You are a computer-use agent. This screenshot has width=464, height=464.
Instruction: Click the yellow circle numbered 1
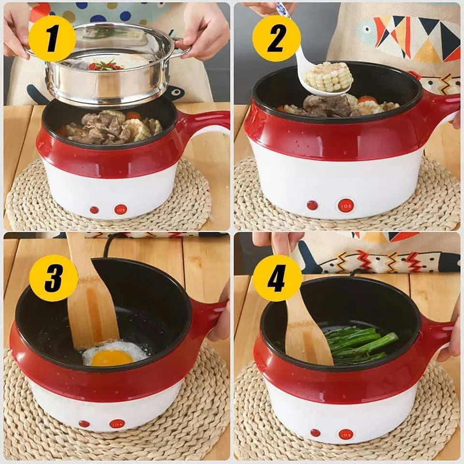(x=52, y=39)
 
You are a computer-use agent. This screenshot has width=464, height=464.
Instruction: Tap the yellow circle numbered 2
(x=276, y=38)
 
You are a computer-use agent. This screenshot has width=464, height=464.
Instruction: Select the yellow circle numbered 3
(x=54, y=278)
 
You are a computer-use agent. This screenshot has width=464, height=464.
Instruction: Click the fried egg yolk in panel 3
(x=112, y=358)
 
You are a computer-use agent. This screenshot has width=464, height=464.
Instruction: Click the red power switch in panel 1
(x=121, y=209)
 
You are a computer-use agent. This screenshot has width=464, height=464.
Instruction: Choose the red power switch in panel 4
(x=346, y=435)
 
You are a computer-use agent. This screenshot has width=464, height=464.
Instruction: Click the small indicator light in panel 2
(x=312, y=205)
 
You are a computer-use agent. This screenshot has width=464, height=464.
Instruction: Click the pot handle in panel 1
(x=204, y=123)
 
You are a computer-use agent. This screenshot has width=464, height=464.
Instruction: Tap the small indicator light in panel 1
(x=94, y=210)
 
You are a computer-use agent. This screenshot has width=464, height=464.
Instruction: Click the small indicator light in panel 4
(x=316, y=433)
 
